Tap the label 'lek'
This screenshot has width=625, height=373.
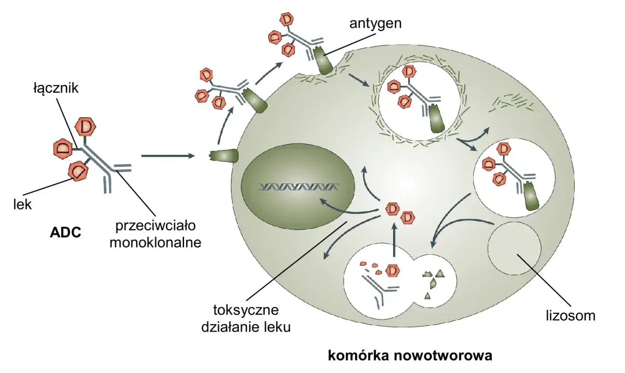point(22,204)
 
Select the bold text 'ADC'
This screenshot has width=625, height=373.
point(65,232)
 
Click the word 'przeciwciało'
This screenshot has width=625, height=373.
point(155,226)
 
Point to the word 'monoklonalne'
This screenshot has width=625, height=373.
point(155,243)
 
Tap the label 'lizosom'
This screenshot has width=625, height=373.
point(570,315)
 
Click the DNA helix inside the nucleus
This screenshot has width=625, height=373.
point(299,186)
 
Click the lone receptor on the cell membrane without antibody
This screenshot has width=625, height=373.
point(224,156)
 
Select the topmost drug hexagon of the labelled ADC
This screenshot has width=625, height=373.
point(86,127)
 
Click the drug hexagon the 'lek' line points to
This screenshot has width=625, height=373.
point(78,171)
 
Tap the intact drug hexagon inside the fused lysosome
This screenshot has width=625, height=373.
point(391,270)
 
